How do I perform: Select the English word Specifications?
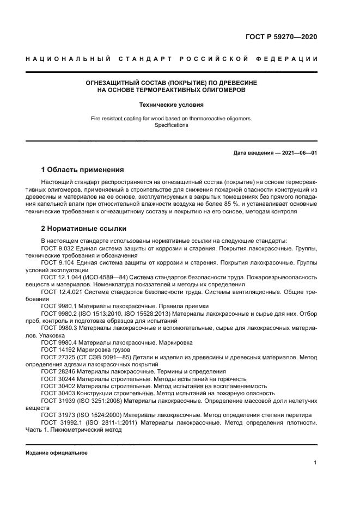171,125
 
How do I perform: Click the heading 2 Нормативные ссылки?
84,228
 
